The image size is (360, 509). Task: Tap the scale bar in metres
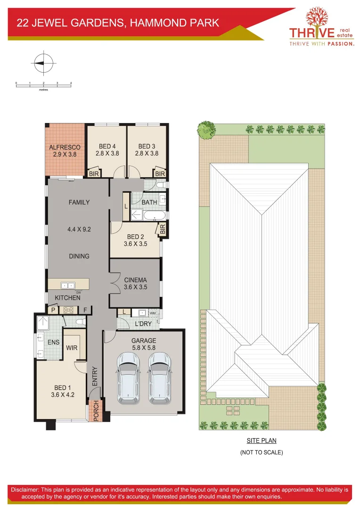coord(43,84)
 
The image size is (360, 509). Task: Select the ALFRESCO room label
coord(65,147)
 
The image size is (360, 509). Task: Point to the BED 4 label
coord(106,146)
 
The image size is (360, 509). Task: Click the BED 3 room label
coord(147,146)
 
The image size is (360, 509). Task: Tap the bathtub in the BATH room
coord(154,216)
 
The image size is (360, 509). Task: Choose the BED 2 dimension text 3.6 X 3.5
coord(135,244)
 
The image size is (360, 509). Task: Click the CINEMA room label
coord(135,280)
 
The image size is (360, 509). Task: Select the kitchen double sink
coord(68,285)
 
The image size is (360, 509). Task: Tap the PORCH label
coord(96,410)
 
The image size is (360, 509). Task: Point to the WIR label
coord(72,347)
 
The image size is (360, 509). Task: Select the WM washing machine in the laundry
coord(152,312)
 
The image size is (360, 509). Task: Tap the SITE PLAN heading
coord(262,441)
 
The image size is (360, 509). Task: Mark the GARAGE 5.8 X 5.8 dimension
coord(144,347)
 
